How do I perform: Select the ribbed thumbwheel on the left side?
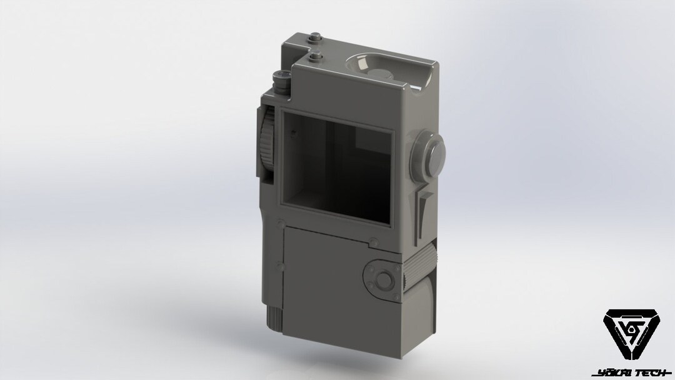(268, 140)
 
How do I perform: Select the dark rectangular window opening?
(337, 165)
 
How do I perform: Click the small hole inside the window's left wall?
(292, 133)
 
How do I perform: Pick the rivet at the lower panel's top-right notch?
(373, 241)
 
